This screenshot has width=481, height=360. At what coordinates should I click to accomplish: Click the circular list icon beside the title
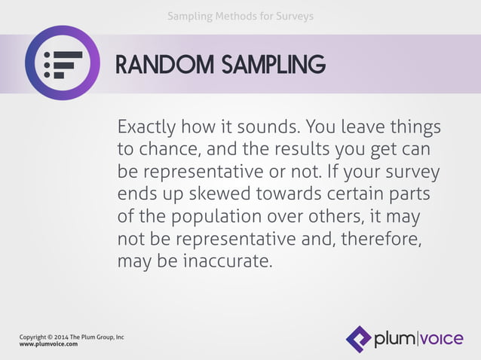[x=62, y=63]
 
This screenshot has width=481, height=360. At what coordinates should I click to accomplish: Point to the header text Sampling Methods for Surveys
[x=240, y=16]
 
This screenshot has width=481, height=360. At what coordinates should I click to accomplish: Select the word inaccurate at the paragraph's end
[x=228, y=263]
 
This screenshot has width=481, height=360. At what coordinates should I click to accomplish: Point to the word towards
[x=293, y=194]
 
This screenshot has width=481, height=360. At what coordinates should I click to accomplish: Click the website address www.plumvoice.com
[x=48, y=343]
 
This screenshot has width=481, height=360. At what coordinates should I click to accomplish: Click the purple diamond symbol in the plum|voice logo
[x=358, y=339]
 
